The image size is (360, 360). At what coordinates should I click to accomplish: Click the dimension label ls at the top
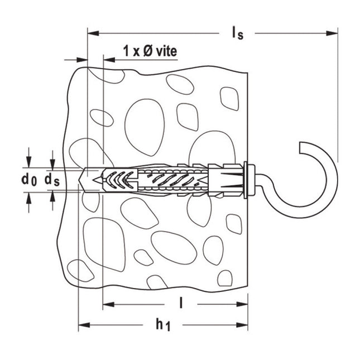tap(237, 33)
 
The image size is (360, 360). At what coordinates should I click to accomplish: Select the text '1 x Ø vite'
tap(150, 51)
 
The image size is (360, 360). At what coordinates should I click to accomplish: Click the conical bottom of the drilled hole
tap(84, 180)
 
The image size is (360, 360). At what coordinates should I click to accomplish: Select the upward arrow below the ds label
tap(52, 196)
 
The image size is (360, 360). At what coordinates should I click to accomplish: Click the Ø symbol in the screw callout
tap(143, 51)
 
